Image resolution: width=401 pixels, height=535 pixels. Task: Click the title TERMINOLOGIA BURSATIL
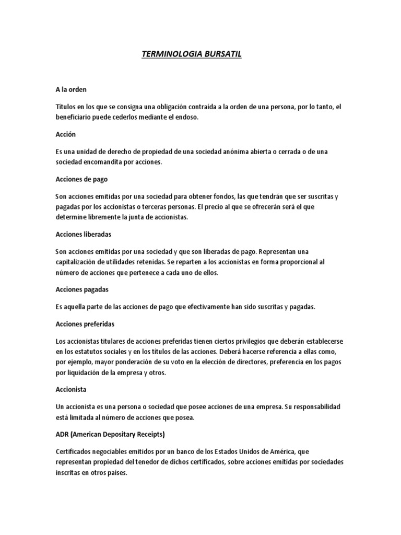click(x=192, y=54)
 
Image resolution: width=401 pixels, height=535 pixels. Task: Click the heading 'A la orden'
click(x=74, y=89)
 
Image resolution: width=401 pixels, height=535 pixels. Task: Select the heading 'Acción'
click(x=66, y=134)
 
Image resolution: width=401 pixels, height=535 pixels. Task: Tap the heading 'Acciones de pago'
click(x=81, y=179)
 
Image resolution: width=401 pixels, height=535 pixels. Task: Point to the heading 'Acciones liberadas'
click(x=84, y=234)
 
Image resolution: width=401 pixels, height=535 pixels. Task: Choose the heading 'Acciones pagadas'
click(x=82, y=289)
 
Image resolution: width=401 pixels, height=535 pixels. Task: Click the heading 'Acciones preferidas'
click(x=85, y=324)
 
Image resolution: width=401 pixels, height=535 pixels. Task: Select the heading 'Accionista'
click(x=72, y=389)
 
